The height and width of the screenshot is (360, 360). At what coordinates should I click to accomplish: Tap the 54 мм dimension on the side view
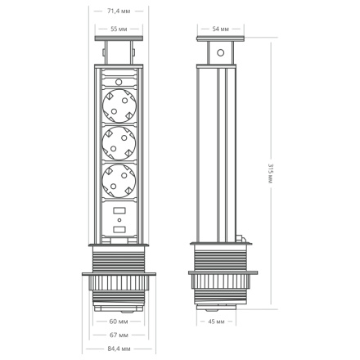pos(219,29)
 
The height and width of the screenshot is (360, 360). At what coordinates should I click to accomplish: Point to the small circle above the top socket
pos(120,82)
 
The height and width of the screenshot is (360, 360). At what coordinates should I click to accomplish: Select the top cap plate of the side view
pos(219,40)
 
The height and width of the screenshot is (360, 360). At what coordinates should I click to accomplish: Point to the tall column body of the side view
pos(218,155)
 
